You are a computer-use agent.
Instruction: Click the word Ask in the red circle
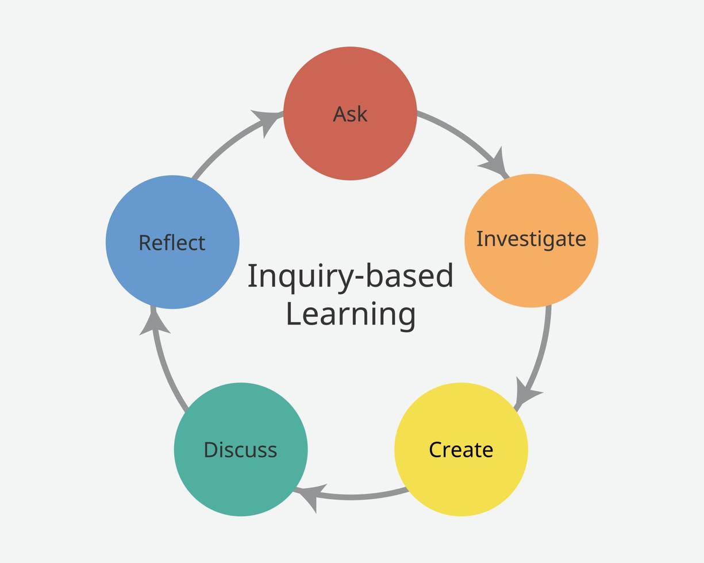[350, 114]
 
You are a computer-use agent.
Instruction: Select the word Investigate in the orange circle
[531, 239]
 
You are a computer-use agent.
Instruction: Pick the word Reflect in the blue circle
[172, 243]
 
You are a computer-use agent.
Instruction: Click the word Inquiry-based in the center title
[351, 276]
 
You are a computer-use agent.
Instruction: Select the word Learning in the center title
[351, 314]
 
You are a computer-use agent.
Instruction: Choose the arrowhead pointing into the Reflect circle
[154, 322]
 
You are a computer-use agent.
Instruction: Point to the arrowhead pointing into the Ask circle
[267, 121]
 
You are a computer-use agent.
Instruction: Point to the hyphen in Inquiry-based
[359, 277]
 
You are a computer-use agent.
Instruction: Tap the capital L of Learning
[294, 314]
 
